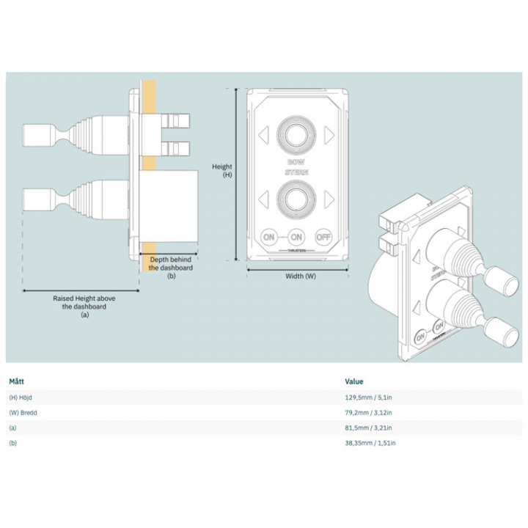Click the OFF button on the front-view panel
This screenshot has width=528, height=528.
coord(323,237)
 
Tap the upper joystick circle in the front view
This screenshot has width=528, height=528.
coord(296,134)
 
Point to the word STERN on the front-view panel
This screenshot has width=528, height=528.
coord(296,172)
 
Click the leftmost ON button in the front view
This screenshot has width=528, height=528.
coord(269,237)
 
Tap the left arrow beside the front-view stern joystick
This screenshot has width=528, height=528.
coord(263,197)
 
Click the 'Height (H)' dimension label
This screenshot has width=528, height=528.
coord(222,171)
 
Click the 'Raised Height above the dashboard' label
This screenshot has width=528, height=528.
coord(84,307)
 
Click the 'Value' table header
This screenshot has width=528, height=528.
coord(354,381)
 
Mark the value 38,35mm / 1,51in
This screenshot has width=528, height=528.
coord(370,443)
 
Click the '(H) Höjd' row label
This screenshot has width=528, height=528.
coord(21,397)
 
